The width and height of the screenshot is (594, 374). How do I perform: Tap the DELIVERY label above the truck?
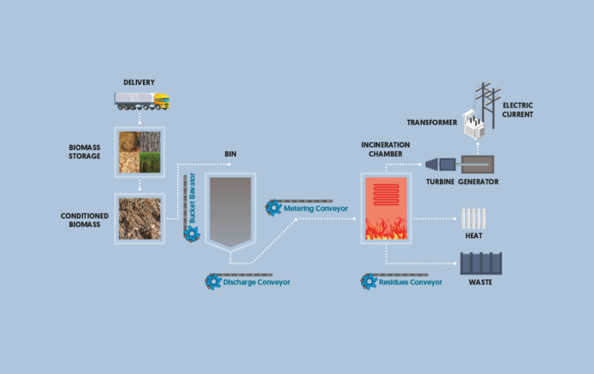(x=139, y=83)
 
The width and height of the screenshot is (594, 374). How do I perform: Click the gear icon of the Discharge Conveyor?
(x=213, y=282)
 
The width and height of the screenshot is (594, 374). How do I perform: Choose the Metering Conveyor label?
(x=316, y=208)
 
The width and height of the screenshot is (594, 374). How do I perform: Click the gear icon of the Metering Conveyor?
(x=274, y=207)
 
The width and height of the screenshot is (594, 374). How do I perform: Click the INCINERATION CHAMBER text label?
(x=385, y=149)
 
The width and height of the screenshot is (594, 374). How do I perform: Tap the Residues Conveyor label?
(x=410, y=282)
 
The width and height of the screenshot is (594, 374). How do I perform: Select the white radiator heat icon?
(x=473, y=218)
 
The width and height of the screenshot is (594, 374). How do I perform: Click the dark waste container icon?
(x=480, y=263)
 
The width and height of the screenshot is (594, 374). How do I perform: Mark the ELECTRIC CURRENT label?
(x=517, y=110)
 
